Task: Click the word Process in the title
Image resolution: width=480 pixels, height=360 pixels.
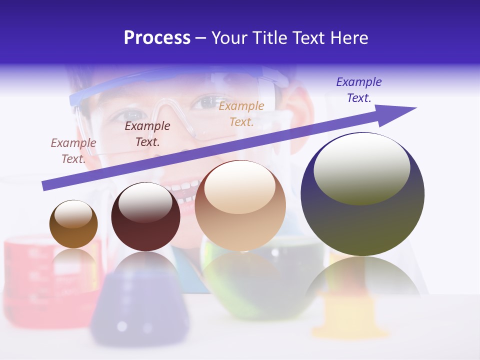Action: click(157, 38)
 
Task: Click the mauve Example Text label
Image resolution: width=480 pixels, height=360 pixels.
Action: click(73, 150)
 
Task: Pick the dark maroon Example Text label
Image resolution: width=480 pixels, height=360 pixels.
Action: click(147, 133)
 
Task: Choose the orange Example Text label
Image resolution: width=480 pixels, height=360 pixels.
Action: click(241, 113)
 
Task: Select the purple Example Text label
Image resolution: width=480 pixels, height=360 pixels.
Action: click(359, 90)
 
